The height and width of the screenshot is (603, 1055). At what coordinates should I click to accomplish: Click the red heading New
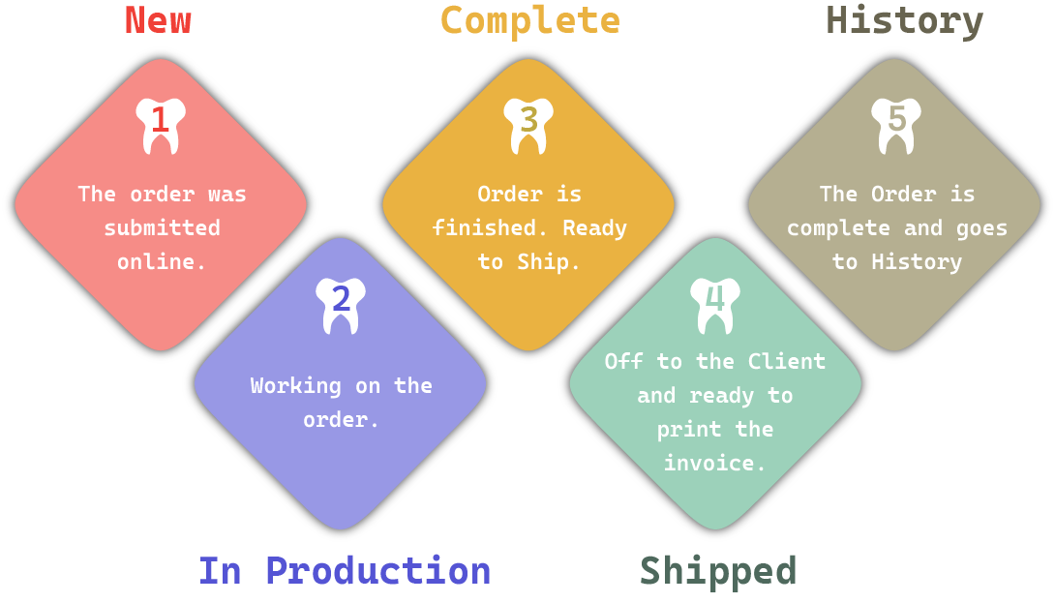tap(158, 20)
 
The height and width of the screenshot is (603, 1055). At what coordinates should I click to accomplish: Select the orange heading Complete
tap(529, 20)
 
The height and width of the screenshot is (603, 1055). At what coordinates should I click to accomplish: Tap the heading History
tap(904, 20)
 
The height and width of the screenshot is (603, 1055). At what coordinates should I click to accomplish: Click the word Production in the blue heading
tap(377, 571)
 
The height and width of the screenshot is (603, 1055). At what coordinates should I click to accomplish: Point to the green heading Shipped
tap(717, 571)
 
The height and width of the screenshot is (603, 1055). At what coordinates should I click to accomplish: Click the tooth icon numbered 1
tap(161, 125)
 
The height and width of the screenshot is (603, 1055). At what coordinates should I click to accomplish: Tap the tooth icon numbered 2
tap(341, 305)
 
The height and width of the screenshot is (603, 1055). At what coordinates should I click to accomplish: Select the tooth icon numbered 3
tap(528, 125)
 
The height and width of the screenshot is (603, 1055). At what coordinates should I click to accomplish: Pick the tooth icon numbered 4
tap(715, 305)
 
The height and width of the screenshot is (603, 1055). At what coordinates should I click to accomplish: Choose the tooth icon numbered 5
tap(896, 125)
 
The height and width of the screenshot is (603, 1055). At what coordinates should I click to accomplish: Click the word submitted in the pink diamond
tap(163, 228)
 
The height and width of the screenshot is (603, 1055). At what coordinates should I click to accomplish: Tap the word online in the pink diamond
tap(159, 262)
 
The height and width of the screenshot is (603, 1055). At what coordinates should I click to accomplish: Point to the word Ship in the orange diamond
tap(546, 262)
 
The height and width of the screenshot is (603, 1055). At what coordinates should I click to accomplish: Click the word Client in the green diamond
tap(786, 361)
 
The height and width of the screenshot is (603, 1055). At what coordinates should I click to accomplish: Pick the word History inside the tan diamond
tap(917, 262)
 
